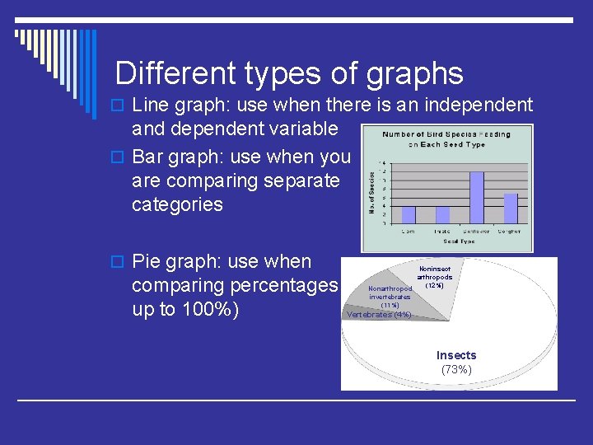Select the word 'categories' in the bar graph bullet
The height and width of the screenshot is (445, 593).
[x=177, y=204]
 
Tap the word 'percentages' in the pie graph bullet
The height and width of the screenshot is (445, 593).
[x=281, y=286]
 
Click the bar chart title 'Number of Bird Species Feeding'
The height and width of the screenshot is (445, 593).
[x=447, y=134]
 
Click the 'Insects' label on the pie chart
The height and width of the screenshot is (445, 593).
[x=456, y=355]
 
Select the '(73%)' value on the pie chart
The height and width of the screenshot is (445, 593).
[x=456, y=369]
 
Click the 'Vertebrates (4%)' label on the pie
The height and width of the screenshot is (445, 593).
[x=379, y=314]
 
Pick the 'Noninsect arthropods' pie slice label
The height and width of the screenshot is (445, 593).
[x=434, y=273]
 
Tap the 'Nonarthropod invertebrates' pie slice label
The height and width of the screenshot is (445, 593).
[x=390, y=293]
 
